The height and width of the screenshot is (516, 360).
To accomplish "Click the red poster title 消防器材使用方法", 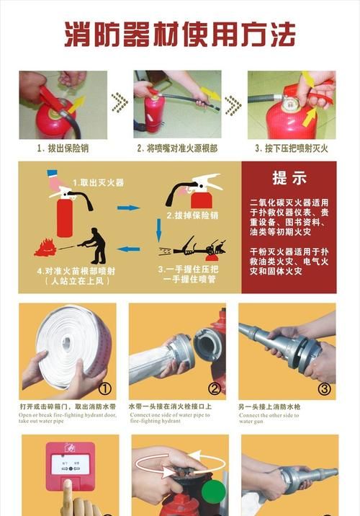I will coord(180,34).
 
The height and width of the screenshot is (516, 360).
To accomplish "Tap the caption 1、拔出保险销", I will coord(62,148).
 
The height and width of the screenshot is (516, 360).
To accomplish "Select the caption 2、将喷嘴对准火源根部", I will coord(178,148).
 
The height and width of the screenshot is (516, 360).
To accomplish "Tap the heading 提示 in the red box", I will coord(289,178).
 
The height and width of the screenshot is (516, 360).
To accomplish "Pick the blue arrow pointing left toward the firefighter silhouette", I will coord(128,249).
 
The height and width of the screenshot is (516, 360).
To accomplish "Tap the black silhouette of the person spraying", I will coord(94,245).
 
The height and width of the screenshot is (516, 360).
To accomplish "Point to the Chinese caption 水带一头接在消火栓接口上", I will coord(170,406).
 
